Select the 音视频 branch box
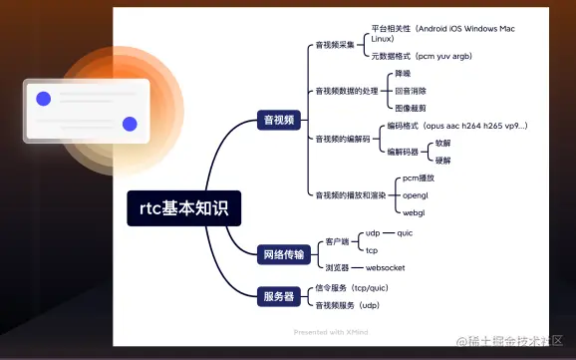point(278,119)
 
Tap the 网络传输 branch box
point(282,255)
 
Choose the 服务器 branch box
point(278,295)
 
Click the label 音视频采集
point(335,45)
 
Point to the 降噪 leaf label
point(403,75)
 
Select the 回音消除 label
point(411,91)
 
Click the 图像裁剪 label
point(411,107)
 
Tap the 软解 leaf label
point(442,143)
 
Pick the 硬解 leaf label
point(442,160)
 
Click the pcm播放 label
point(418,177)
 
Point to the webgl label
point(413,212)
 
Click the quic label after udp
point(404,232)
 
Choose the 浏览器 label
point(337,267)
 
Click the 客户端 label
point(337,241)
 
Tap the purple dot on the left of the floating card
point(43,99)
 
